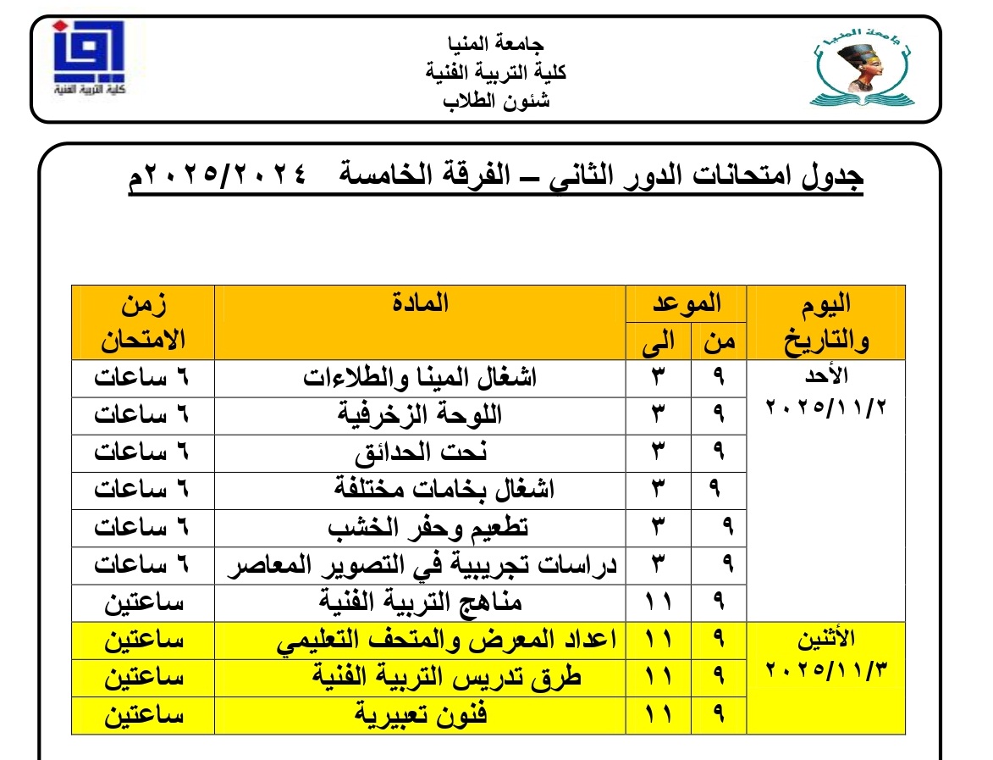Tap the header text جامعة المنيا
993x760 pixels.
(496, 44)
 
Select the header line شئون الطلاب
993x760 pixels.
(497, 101)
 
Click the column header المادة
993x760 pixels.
(421, 302)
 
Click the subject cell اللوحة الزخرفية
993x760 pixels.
(421, 415)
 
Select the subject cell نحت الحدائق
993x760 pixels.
(421, 452)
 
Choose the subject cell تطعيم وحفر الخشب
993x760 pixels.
(421, 527)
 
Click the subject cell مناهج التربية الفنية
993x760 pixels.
(421, 602)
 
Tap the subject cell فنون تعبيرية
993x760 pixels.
(421, 715)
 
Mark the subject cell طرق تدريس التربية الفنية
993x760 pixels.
(421, 677)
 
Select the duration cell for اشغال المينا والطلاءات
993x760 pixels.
(141, 378)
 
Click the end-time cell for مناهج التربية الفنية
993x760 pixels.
(659, 602)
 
